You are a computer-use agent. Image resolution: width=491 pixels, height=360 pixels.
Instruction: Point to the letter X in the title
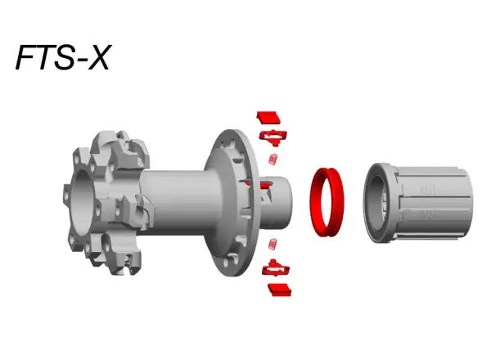pos(97,58)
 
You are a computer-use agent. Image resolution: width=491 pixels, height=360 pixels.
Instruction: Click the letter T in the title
pos(46,58)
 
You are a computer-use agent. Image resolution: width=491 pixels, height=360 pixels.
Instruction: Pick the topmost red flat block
pos(268,117)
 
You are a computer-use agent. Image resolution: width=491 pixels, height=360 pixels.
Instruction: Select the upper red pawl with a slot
pos(273,136)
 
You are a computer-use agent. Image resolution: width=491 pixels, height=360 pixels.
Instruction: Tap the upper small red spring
pos(273,159)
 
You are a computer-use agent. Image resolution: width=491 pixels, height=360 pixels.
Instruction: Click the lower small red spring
pos(273,244)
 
